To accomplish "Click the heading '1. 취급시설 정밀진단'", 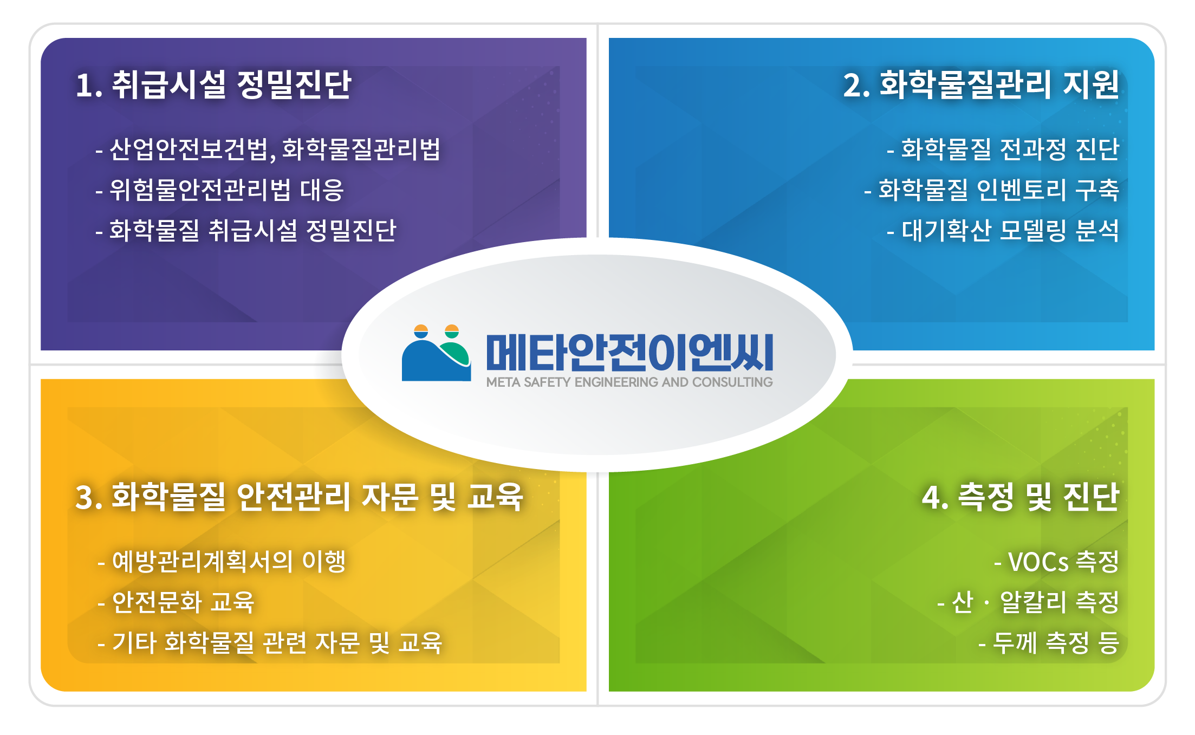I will [213, 84].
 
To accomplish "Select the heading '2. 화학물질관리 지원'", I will [980, 84].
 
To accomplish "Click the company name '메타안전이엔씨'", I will [629, 352].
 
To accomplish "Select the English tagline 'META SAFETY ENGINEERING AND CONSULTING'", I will [629, 382].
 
